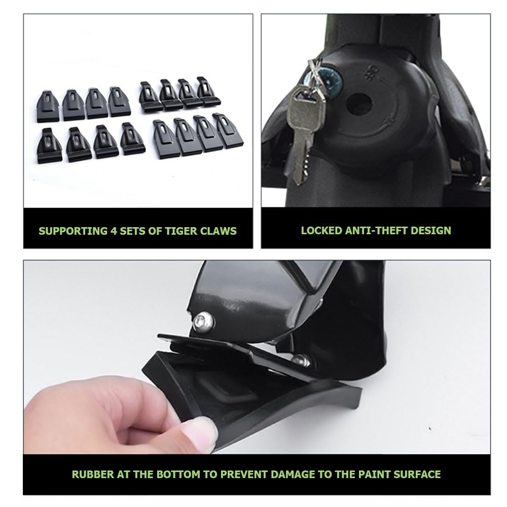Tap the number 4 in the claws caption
coord(113,231)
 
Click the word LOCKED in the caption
coord(321,230)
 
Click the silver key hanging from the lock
coord(303,134)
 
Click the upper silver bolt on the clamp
coord(204,321)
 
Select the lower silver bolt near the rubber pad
coord(301,360)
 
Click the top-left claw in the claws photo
coord(48,107)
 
